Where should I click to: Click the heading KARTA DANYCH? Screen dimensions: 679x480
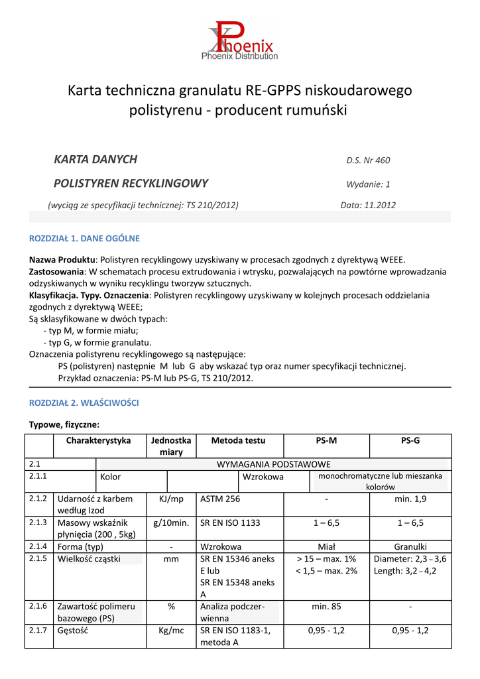pos(95,159)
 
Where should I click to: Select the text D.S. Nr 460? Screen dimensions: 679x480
pos(368,160)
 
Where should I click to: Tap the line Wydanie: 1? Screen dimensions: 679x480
pos(368,184)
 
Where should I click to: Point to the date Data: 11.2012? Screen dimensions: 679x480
pos(368,206)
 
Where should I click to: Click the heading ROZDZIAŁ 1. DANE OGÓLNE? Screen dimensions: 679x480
pos(84,239)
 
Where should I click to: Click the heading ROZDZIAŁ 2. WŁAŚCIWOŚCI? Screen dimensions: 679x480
pos(84,403)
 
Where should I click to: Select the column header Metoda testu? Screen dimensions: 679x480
pos(238,440)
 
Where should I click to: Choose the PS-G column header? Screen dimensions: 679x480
pos(410,440)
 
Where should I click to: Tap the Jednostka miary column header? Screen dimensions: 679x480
pos(171,446)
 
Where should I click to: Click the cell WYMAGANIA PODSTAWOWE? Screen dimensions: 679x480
pos(274,464)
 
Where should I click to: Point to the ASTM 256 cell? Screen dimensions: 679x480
pos(220,499)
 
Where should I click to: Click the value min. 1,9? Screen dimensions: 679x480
pos(410,499)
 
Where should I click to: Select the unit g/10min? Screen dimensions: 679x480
pos(171,523)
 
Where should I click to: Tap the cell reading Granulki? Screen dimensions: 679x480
pos(410,547)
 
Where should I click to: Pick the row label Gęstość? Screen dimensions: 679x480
pos(74,631)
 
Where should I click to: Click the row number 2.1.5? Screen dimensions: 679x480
pos(38,559)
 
